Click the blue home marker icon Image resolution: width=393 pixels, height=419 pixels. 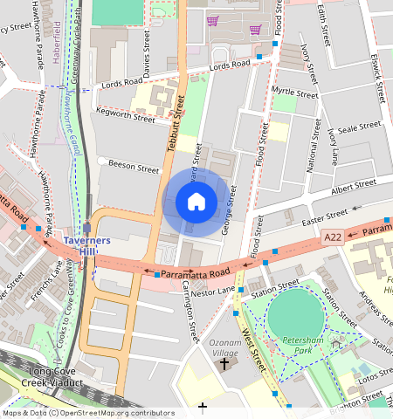pyautogui.click(x=196, y=202)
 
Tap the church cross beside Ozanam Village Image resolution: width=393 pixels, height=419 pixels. pyautogui.click(x=224, y=362)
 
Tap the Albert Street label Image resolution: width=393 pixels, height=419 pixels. pyautogui.click(x=354, y=186)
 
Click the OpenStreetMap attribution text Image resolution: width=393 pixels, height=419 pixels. pyautogui.click(x=88, y=413)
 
